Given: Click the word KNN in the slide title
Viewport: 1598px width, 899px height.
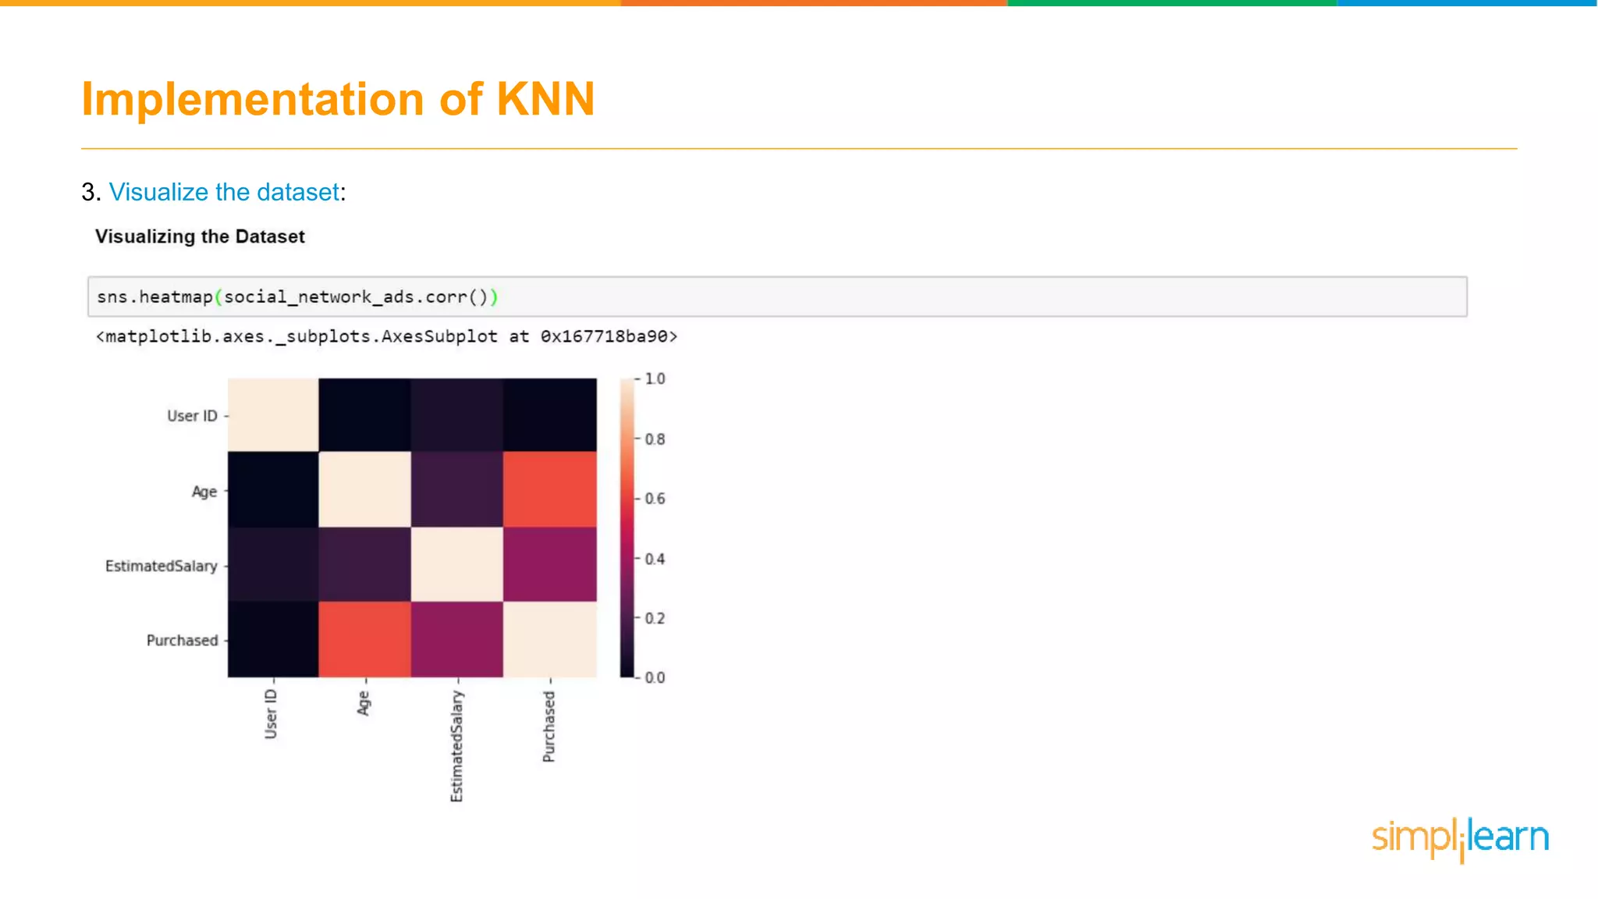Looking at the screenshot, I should (545, 99).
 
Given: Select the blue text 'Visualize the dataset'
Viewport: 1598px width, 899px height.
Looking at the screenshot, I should (224, 192).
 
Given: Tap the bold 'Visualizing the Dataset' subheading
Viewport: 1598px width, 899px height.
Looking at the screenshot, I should (200, 236).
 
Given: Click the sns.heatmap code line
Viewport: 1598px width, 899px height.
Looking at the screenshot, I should (297, 297).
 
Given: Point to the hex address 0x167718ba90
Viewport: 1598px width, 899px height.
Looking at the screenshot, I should (608, 336).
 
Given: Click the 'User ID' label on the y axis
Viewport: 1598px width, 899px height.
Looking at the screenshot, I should (192, 416).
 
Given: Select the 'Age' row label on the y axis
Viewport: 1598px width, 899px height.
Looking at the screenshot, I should (204, 492).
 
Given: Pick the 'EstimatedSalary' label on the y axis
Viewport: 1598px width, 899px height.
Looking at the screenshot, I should (162, 566).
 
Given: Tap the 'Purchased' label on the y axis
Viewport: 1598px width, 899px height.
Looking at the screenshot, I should (183, 641).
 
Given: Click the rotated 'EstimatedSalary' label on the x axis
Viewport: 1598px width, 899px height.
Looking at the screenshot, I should (456, 746).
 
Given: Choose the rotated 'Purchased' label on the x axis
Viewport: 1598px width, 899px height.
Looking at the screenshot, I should (549, 727).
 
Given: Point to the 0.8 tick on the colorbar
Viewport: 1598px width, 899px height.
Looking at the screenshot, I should (655, 439).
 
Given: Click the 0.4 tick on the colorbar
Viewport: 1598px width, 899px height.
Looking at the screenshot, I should (655, 559).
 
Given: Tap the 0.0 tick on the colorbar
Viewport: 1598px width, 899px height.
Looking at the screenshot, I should (655, 677).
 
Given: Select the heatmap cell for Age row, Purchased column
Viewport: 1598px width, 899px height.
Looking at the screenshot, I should (550, 489).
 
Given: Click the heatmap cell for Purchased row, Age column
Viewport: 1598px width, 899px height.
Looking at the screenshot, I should (364, 639).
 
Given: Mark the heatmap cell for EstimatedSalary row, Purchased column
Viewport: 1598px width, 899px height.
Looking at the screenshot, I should (550, 564).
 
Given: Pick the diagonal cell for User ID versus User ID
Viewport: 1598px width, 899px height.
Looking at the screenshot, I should (273, 414).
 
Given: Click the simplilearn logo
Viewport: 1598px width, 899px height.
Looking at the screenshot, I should (1460, 838).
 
